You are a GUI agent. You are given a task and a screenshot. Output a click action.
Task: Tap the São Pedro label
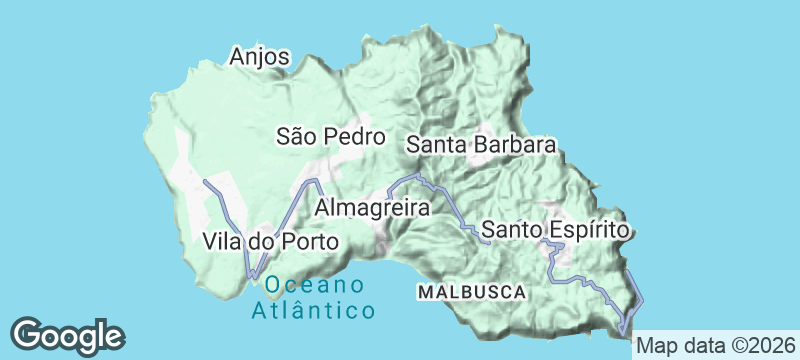click(331, 136)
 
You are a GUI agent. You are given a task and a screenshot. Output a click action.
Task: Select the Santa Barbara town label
click(481, 145)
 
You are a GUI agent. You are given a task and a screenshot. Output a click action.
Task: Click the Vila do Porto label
click(271, 241)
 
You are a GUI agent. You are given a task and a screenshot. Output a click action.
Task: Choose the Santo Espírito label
click(555, 229)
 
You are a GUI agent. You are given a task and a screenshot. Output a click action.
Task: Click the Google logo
click(67, 334)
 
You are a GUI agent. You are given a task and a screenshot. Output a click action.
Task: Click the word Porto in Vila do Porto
click(310, 241)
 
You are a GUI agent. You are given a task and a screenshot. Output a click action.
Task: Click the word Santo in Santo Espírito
click(510, 229)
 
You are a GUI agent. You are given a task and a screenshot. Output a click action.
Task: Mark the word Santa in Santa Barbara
click(435, 145)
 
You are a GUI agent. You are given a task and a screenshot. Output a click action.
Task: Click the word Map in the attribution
click(655, 346)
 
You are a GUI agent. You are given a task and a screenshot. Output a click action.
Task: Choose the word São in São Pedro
click(294, 136)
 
